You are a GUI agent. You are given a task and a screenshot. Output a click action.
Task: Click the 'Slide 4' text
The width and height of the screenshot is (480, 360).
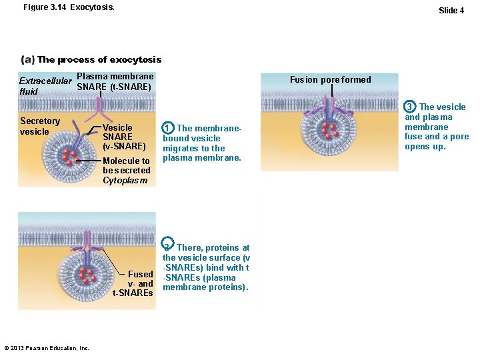click(451, 10)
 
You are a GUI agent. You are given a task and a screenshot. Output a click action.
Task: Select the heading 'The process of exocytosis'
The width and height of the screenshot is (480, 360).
click(99, 59)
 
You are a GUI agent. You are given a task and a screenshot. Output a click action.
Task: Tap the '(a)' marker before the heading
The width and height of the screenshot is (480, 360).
click(28, 59)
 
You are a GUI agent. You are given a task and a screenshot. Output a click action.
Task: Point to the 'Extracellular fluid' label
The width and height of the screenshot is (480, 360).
click(45, 86)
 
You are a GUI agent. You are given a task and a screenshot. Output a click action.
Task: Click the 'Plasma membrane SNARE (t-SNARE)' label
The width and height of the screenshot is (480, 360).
click(115, 81)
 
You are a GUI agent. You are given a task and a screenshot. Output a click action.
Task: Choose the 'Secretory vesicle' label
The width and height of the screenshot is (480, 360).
click(39, 126)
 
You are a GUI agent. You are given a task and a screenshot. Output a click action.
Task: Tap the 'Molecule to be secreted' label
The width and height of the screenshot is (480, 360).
click(126, 165)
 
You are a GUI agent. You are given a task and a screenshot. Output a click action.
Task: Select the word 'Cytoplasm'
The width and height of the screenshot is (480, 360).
click(124, 181)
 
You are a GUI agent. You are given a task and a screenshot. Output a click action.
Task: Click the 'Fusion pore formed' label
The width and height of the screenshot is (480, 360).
click(330, 79)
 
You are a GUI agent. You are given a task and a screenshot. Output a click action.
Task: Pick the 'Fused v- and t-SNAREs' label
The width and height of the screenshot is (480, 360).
click(134, 283)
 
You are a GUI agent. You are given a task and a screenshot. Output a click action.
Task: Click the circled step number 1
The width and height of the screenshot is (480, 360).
click(169, 128)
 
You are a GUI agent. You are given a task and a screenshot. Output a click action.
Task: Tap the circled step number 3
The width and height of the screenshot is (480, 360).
click(411, 107)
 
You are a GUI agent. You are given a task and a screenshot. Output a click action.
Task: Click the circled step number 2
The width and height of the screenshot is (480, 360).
click(169, 247)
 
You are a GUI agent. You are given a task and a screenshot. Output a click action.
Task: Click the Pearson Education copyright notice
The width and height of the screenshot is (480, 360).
click(46, 348)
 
